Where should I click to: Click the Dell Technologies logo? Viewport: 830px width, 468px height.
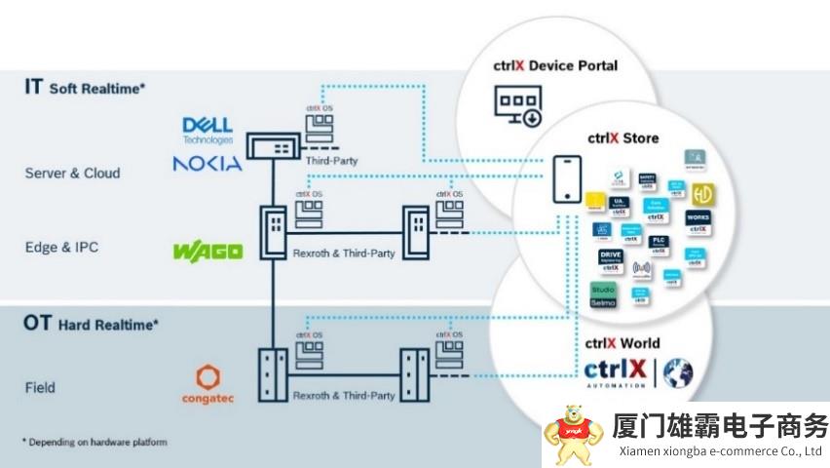pyautogui.click(x=207, y=130)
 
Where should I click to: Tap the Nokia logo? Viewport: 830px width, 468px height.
pyautogui.click(x=207, y=163)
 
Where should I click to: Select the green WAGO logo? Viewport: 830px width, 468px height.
pyautogui.click(x=207, y=252)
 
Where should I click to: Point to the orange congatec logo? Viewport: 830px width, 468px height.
pyautogui.click(x=207, y=385)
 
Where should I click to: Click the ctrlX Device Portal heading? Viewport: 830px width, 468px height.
pyautogui.click(x=556, y=66)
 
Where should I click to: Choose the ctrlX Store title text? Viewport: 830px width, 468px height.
pyautogui.click(x=622, y=137)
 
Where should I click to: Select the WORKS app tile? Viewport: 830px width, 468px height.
pyautogui.click(x=698, y=220)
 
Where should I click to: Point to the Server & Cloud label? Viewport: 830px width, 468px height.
pyautogui.click(x=72, y=174)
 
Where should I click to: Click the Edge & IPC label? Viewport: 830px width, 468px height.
pyautogui.click(x=61, y=248)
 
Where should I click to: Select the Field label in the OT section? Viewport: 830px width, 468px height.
pyautogui.click(x=40, y=387)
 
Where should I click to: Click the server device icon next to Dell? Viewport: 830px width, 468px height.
pyautogui.click(x=276, y=147)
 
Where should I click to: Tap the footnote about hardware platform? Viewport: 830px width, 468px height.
pyautogui.click(x=94, y=442)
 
